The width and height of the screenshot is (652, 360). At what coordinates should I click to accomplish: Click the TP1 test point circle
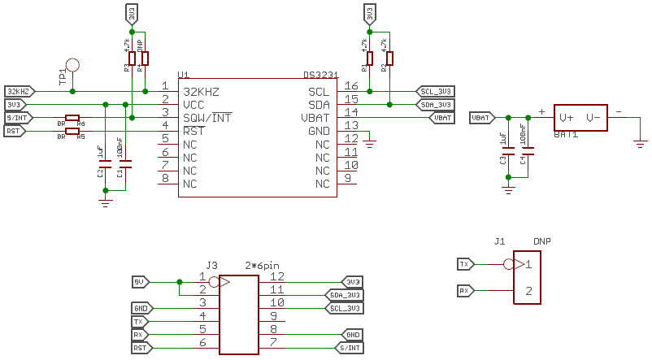73,64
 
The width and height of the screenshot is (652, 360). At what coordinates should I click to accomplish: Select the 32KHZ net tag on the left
16,90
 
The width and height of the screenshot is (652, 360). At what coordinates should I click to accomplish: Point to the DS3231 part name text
321,74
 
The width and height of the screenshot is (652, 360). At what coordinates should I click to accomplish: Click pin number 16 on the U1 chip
351,86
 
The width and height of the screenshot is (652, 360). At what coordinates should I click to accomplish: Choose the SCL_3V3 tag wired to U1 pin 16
436,91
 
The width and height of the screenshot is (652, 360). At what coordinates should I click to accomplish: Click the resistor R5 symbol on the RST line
72,131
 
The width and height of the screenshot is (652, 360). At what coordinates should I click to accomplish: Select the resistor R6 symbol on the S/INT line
72,117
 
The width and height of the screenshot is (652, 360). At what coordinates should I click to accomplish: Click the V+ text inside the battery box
566,117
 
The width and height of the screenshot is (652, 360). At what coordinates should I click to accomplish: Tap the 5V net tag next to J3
140,281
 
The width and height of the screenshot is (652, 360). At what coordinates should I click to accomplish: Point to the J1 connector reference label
499,241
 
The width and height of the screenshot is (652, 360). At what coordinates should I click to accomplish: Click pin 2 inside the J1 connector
528,291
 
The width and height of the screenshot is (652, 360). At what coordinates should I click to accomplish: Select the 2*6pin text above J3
262,265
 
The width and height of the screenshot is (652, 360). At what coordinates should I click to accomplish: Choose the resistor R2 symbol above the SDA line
389,58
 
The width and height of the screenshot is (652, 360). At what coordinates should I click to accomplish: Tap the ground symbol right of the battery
639,143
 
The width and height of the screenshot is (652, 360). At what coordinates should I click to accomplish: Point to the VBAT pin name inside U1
314,118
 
